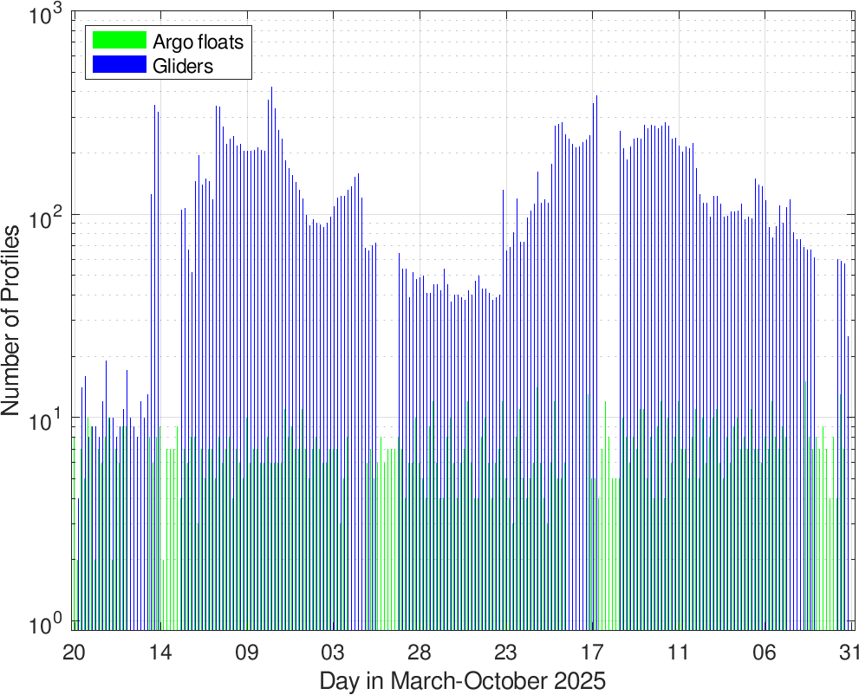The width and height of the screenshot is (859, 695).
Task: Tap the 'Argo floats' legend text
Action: coord(198,41)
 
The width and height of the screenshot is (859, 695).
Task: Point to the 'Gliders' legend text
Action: coord(182,65)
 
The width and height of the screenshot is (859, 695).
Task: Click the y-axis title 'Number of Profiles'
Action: coord(12,321)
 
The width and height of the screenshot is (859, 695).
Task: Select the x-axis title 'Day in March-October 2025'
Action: coord(462,679)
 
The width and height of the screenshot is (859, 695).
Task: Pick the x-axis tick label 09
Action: coord(247,652)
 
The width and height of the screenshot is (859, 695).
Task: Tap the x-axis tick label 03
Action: coord(333,652)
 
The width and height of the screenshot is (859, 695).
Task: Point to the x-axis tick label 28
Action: coord(419,652)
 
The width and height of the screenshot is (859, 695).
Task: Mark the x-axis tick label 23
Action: coord(505,652)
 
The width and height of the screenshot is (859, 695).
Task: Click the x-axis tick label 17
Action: coord(591,652)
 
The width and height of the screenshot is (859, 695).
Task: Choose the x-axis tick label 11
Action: coord(677,652)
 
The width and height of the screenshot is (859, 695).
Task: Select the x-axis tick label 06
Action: coord(764,652)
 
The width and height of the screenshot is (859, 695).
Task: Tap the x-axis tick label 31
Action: coord(847,652)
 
